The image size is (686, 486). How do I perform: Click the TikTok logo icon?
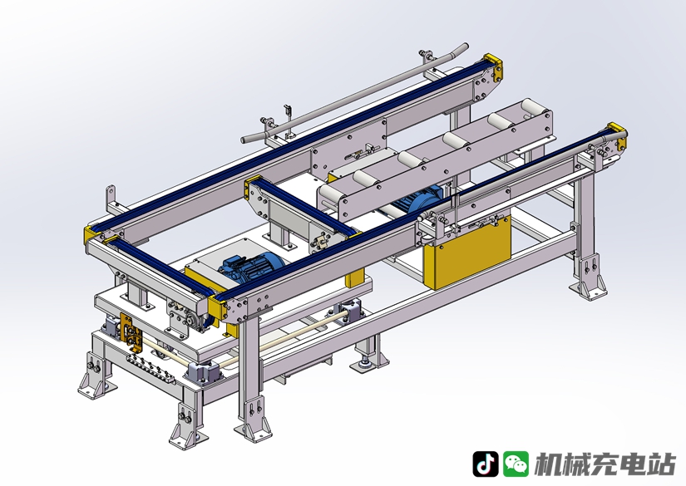(485, 464)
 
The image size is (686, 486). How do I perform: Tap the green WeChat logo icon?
(516, 464)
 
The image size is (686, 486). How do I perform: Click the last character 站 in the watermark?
(662, 464)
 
